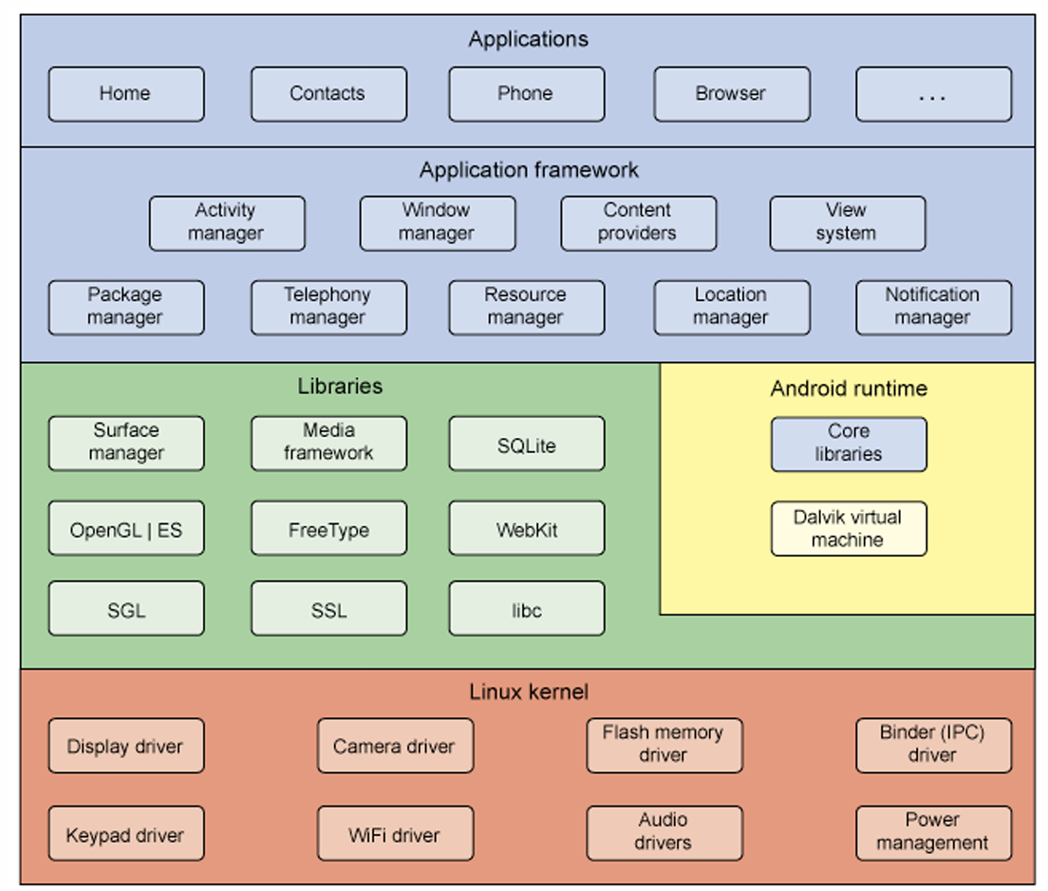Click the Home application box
(126, 94)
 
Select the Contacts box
(328, 94)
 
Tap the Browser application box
(732, 94)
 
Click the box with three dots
(934, 94)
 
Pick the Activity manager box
(227, 223)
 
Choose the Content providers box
(638, 223)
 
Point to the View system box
(848, 223)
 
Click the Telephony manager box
(328, 308)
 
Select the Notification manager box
(934, 308)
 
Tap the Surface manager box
(126, 444)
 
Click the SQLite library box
(527, 444)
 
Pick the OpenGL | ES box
(126, 528)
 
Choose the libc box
(527, 608)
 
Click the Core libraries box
(849, 445)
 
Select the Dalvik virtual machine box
(849, 528)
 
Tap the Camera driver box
(396, 746)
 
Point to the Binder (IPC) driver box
(934, 746)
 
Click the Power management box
(934, 833)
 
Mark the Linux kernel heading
(529, 692)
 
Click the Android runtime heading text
(849, 389)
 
